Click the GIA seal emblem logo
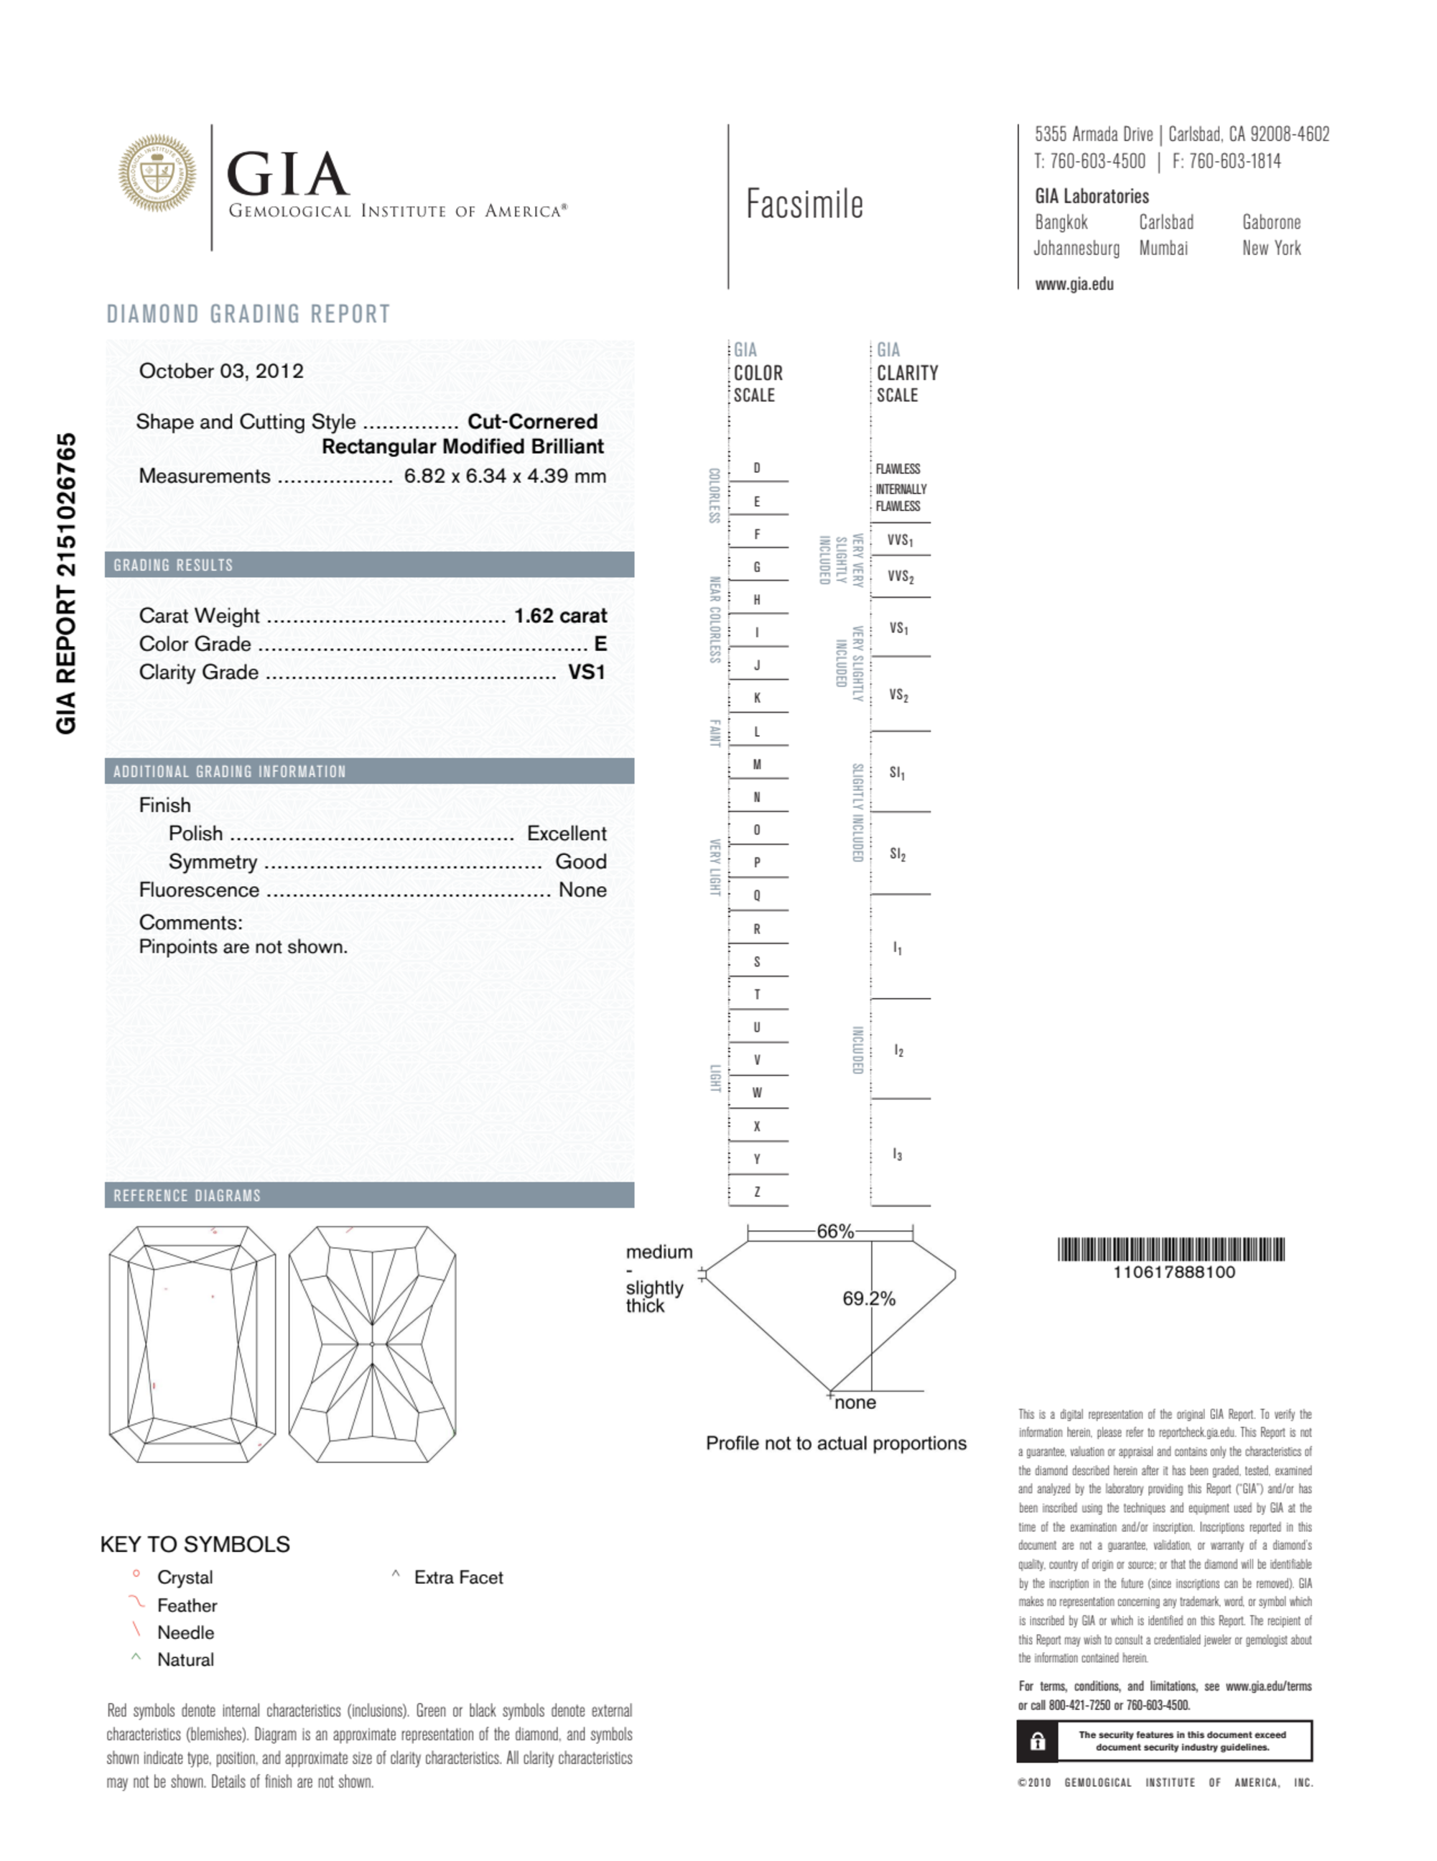point(157,173)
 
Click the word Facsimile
point(804,205)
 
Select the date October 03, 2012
point(220,371)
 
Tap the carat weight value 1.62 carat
point(559,615)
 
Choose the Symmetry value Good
point(580,862)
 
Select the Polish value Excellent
point(567,833)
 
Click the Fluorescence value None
point(582,890)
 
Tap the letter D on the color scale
point(756,468)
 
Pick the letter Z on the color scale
point(756,1191)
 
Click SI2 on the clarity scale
point(898,854)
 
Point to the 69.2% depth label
point(868,1298)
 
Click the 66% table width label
point(834,1232)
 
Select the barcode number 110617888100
point(1173,1273)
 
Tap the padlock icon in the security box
point(1037,1741)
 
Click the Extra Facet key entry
point(457,1577)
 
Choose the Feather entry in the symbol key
point(187,1605)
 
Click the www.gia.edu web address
point(1074,285)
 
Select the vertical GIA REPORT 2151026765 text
point(67,583)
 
